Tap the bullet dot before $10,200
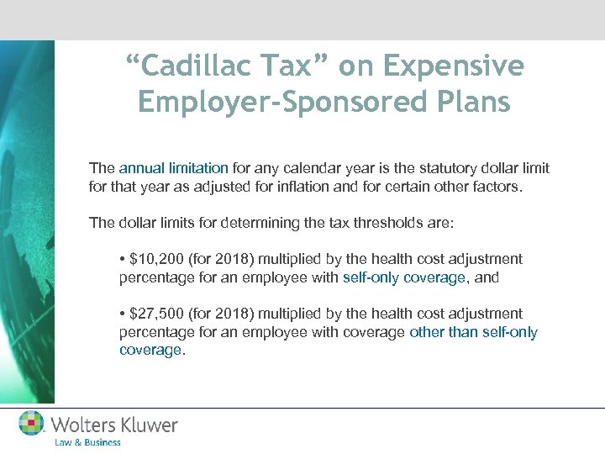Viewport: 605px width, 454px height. [x=123, y=259]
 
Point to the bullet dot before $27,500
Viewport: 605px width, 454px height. [x=123, y=314]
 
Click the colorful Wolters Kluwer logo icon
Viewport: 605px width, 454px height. [x=32, y=423]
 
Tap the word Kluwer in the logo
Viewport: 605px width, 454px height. [x=149, y=425]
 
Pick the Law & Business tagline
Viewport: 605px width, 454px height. [x=87, y=442]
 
